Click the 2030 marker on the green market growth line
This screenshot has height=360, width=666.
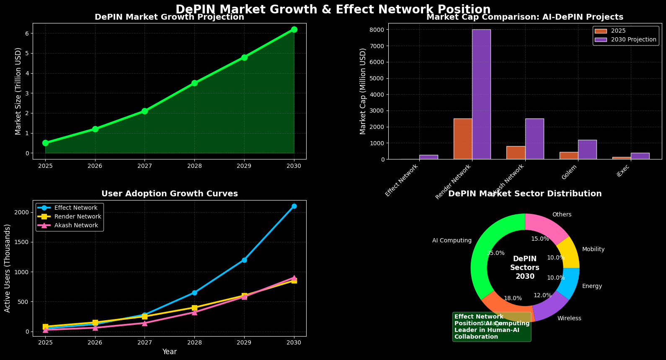pyautogui.click(x=294, y=29)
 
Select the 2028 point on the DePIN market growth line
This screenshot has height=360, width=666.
pyautogui.click(x=194, y=83)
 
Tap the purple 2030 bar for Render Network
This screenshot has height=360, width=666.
pyautogui.click(x=481, y=94)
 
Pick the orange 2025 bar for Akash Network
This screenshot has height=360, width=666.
pyautogui.click(x=516, y=153)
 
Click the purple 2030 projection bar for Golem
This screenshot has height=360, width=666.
pyautogui.click(x=587, y=149)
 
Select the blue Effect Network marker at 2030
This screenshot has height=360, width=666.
pyautogui.click(x=294, y=206)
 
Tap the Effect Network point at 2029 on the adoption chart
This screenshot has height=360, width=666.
pyautogui.click(x=244, y=260)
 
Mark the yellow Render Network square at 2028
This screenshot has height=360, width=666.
pyautogui.click(x=194, y=308)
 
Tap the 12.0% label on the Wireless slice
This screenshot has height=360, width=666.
pyautogui.click(x=542, y=296)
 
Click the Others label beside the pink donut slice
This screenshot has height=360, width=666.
pyautogui.click(x=562, y=215)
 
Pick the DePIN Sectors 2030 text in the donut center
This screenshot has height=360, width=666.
pyautogui.click(x=525, y=268)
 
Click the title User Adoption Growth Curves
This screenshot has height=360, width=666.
pyautogui.click(x=170, y=194)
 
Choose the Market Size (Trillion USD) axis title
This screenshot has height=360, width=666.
pyautogui.click(x=18, y=91)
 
